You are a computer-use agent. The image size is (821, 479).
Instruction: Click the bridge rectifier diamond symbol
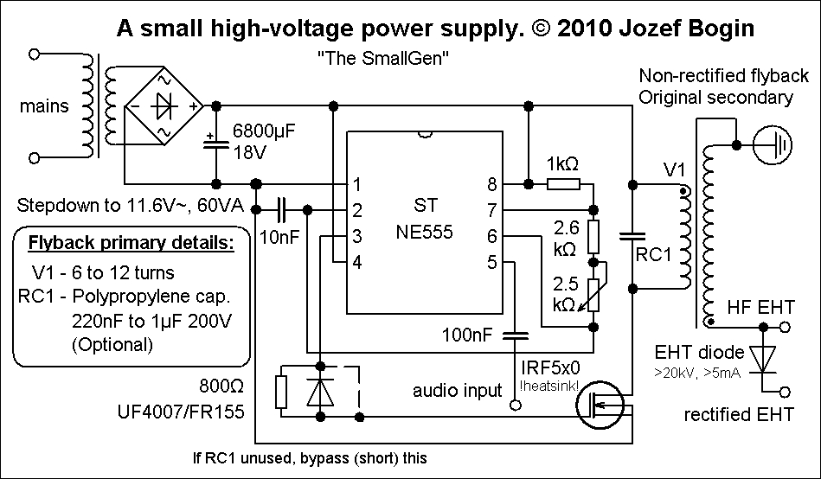[164, 106]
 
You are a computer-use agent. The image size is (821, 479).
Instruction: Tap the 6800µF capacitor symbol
[216, 144]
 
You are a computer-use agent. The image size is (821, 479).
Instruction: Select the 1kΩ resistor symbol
[563, 184]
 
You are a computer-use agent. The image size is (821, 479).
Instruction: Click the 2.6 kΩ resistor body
[593, 237]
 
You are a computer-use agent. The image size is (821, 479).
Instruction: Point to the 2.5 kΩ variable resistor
[593, 295]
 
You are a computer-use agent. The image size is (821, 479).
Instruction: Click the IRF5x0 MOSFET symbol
[600, 405]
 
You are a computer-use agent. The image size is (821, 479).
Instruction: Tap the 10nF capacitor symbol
[282, 210]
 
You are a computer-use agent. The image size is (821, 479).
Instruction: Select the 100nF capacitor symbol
[516, 335]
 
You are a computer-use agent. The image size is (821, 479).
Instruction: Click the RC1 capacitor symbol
[632, 237]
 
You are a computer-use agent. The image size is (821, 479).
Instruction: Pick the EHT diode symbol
[763, 359]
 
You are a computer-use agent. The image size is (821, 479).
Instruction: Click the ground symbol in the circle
[773, 145]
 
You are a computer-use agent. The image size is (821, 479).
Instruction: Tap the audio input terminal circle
[516, 405]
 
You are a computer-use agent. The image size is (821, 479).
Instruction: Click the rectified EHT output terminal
[785, 392]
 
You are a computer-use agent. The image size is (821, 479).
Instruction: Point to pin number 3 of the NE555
[357, 236]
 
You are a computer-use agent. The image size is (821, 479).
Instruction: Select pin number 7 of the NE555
[491, 210]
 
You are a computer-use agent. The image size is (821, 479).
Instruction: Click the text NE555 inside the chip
[424, 232]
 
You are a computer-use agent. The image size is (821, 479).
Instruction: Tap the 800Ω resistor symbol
[282, 392]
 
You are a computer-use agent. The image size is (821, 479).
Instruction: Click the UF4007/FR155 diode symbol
[320, 392]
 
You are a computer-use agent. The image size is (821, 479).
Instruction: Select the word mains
[44, 105]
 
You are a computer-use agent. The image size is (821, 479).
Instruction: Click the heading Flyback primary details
[131, 243]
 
